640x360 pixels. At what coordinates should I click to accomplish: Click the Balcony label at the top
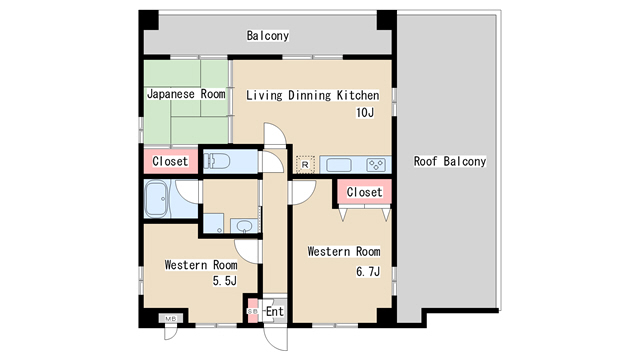click(268, 36)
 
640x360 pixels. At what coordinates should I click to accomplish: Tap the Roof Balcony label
click(450, 161)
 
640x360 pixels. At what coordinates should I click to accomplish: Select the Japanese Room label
click(186, 94)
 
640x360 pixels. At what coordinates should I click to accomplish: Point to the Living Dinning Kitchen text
click(313, 95)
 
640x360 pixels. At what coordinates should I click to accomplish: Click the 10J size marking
click(365, 113)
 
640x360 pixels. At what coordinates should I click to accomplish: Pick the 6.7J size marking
click(368, 271)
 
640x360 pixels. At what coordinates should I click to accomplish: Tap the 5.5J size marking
click(224, 281)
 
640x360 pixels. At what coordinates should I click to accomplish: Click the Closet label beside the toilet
click(170, 161)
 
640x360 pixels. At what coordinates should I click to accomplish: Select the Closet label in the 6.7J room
click(364, 192)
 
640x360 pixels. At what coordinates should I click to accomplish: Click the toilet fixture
click(216, 161)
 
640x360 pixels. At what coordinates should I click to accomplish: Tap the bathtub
click(157, 200)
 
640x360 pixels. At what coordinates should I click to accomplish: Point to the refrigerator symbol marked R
click(305, 164)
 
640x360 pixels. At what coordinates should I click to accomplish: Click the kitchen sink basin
click(339, 165)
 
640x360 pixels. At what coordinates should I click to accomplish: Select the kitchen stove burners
click(376, 165)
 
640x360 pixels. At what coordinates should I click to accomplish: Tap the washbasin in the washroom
click(244, 226)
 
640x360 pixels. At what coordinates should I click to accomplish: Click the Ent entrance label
click(275, 311)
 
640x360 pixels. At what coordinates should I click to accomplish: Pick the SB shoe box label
click(253, 311)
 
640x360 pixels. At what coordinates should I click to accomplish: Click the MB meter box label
click(171, 318)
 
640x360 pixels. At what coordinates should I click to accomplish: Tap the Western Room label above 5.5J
click(201, 265)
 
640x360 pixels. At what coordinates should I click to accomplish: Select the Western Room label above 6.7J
click(344, 251)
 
